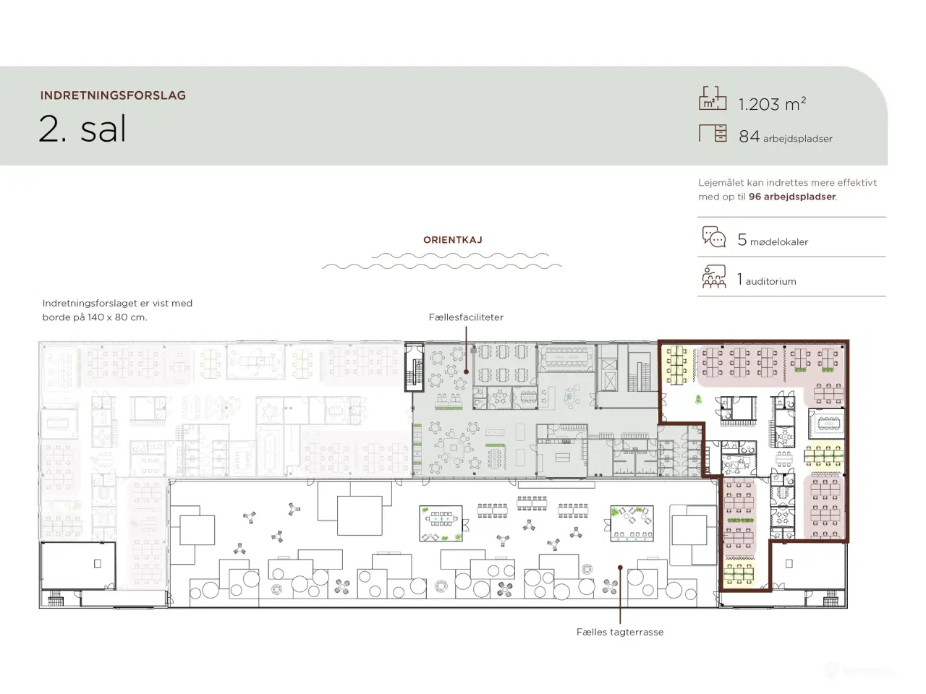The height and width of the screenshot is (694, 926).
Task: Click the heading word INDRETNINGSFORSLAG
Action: point(113,95)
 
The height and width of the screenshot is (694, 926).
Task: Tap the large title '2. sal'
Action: point(82,129)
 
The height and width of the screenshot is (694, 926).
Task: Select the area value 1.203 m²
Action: point(772,103)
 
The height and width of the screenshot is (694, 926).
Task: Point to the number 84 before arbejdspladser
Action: point(749,136)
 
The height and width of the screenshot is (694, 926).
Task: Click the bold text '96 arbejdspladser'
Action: point(792,197)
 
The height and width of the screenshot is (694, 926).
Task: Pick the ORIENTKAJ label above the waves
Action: point(453,240)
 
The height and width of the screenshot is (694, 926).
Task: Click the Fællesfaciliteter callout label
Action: point(466,317)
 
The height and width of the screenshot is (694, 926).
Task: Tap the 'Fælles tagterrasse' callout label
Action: point(620,632)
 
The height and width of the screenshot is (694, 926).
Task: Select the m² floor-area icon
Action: point(713,98)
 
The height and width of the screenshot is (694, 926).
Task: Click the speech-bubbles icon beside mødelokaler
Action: point(714,237)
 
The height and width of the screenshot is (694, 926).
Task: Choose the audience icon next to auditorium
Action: point(714,276)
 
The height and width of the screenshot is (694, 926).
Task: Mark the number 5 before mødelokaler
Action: point(742,240)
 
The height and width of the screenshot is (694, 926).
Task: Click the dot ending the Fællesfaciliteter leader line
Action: point(466,372)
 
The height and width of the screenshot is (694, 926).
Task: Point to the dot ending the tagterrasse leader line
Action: point(620,567)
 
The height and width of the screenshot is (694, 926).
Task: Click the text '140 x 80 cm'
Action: point(117,317)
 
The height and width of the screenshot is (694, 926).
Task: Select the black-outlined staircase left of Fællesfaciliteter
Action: point(415,367)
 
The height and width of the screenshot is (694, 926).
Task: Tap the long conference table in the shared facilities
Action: point(566,357)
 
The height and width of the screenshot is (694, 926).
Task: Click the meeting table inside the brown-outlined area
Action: point(829,423)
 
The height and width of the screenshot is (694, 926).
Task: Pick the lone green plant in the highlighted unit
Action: point(698,398)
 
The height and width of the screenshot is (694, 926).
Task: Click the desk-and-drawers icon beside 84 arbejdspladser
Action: point(713,133)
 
